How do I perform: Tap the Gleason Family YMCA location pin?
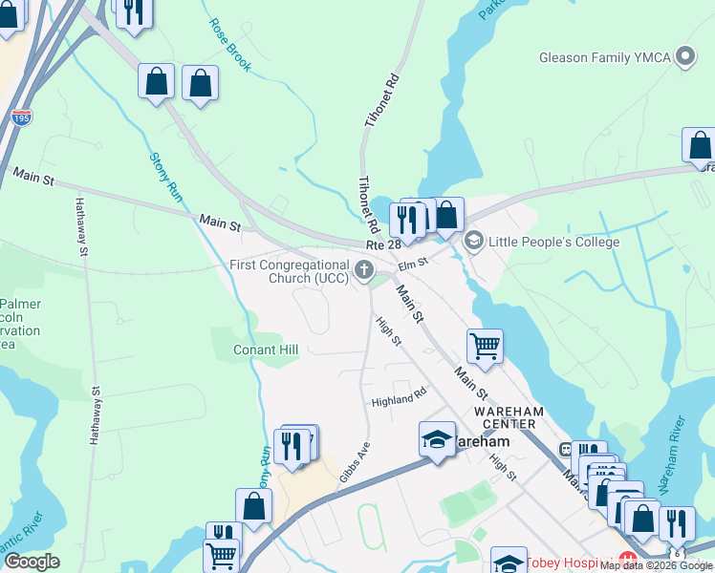click(x=684, y=57)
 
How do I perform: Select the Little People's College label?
click(x=554, y=242)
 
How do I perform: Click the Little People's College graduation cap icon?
click(x=472, y=242)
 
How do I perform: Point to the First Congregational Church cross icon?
click(x=363, y=271)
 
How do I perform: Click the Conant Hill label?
click(x=266, y=350)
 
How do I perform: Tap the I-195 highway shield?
click(x=22, y=118)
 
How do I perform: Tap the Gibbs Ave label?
click(x=355, y=462)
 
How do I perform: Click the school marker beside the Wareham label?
click(x=437, y=439)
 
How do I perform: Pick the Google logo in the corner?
click(x=32, y=562)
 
